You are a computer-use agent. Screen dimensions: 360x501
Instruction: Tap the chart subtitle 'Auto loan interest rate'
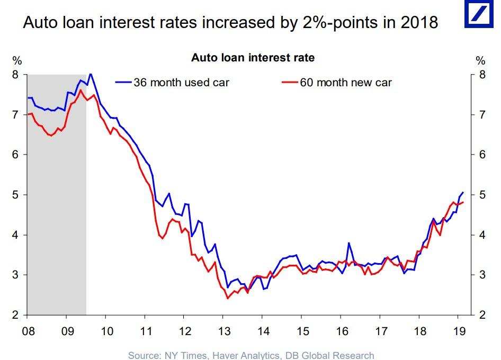[x=253, y=57]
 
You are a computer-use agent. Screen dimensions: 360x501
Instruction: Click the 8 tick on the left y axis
[x=15, y=75]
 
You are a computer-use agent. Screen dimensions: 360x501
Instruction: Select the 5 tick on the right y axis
[x=482, y=195]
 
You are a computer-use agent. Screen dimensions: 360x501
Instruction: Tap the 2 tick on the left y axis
[x=15, y=315]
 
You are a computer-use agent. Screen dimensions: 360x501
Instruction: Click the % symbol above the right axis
[x=480, y=60]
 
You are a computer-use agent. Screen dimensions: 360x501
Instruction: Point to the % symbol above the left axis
[x=17, y=60]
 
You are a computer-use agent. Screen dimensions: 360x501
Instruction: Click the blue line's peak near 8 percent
[x=91, y=74]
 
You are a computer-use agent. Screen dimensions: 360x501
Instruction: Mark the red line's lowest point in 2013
[x=228, y=298]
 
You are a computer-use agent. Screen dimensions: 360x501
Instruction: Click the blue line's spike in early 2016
[x=349, y=243]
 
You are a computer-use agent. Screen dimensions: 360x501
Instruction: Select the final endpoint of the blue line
[x=463, y=192]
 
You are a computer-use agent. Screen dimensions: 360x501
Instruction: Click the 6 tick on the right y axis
[x=482, y=155]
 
